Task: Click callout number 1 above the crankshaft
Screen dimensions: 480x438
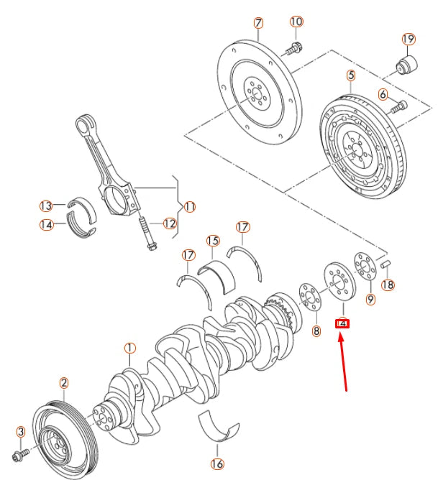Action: (x=129, y=349)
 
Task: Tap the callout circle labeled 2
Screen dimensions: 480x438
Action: (x=63, y=383)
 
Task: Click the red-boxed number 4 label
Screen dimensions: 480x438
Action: (x=343, y=323)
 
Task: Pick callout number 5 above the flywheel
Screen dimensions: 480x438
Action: (x=350, y=75)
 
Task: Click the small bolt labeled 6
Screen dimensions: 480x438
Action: (x=397, y=108)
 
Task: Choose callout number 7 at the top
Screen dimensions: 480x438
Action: (x=258, y=23)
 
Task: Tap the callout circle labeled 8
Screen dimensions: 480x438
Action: (x=315, y=331)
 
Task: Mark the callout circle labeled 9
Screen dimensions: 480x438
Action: (x=370, y=300)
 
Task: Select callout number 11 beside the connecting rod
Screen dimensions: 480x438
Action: (x=190, y=207)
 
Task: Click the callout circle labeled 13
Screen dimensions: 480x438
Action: (x=46, y=206)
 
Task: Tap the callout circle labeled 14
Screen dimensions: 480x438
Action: (x=46, y=224)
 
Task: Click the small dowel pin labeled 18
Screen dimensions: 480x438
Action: (x=385, y=265)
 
